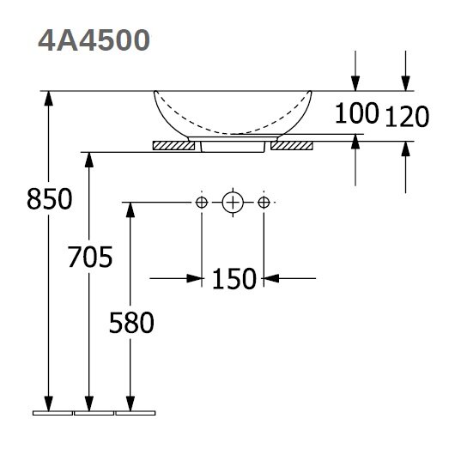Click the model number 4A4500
(94, 40)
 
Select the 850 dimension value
(49, 199)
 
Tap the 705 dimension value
(90, 257)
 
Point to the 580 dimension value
(131, 323)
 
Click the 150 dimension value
(234, 279)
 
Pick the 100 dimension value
(356, 112)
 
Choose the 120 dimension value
(407, 117)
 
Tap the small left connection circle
(202, 203)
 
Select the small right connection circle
(264, 203)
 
